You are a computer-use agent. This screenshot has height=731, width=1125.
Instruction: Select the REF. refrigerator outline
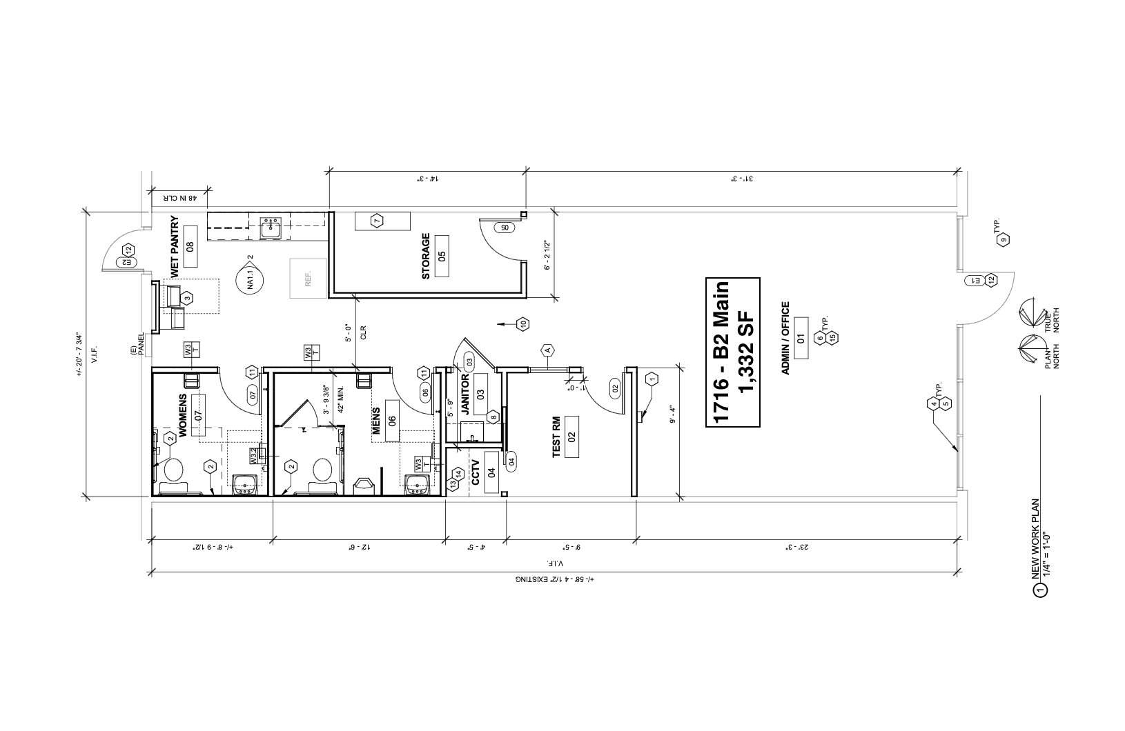[x=307, y=278]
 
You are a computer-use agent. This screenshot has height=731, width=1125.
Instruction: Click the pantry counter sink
[x=270, y=228]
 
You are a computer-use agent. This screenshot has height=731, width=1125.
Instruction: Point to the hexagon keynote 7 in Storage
[x=377, y=221]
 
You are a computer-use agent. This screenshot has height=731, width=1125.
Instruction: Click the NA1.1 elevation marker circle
[x=250, y=279]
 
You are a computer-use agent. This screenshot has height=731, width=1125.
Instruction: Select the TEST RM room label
[x=556, y=437]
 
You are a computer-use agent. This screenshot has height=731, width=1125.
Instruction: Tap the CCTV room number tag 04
[x=491, y=472]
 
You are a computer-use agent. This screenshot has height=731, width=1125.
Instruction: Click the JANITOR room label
[x=465, y=392]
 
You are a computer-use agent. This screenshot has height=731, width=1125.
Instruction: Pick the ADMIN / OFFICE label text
[x=785, y=338]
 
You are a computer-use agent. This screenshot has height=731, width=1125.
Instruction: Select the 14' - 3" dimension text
[x=427, y=178]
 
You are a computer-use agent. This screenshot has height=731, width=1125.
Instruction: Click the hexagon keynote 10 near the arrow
[x=523, y=323]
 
